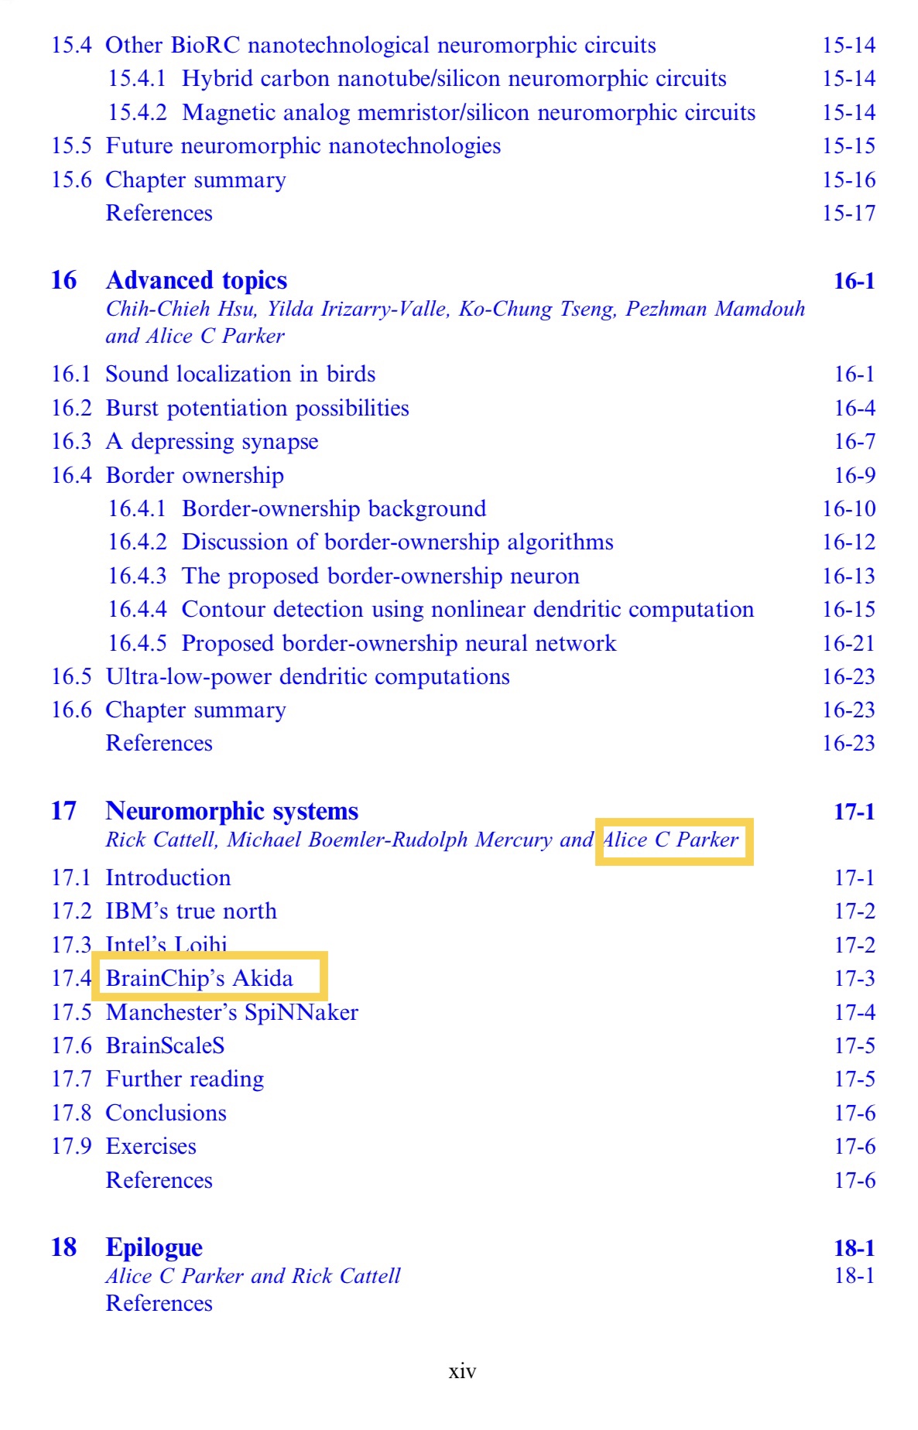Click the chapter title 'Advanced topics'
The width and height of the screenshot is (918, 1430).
(196, 280)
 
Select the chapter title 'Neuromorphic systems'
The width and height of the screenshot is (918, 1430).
(231, 811)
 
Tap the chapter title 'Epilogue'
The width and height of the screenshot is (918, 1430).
(154, 1247)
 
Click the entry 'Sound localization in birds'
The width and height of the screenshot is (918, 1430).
(240, 375)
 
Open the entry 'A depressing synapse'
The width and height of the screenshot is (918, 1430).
(211, 442)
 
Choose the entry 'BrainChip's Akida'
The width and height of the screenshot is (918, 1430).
(200, 978)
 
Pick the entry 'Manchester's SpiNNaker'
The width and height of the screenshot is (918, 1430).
(231, 1012)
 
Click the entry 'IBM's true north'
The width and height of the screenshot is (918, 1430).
(190, 912)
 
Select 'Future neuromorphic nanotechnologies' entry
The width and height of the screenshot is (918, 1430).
(303, 146)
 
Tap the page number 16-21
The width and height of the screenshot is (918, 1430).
(848, 643)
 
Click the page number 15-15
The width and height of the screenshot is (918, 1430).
(848, 146)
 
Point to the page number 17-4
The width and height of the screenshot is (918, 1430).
(854, 1012)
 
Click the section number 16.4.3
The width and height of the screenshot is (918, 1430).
(137, 576)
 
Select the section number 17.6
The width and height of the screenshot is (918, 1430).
(71, 1046)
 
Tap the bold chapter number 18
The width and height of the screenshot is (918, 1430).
(63, 1247)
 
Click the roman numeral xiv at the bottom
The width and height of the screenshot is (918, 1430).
(462, 1372)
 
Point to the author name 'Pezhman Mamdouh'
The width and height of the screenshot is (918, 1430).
(715, 310)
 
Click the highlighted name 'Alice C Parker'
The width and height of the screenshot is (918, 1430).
(671, 840)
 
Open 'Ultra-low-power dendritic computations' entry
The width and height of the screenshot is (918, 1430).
(307, 677)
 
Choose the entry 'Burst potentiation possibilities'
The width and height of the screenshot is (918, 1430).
(257, 409)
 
